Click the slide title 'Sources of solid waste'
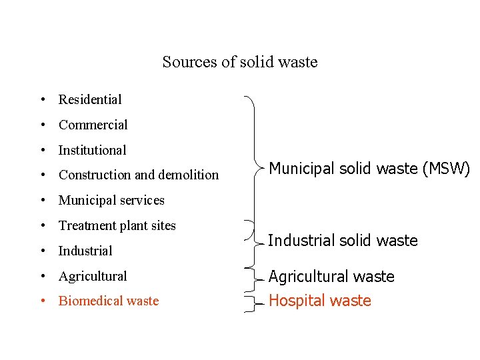click(x=240, y=63)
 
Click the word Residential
click(x=90, y=100)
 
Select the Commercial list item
click(x=93, y=125)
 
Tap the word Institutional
click(x=92, y=151)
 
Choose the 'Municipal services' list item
click(x=111, y=201)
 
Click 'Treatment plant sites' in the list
click(x=117, y=226)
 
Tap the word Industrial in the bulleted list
click(x=85, y=251)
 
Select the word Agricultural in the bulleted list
click(x=93, y=276)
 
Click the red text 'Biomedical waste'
click(x=109, y=301)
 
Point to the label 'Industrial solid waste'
click(x=343, y=241)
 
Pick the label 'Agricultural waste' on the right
click(x=331, y=277)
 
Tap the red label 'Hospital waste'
click(x=319, y=301)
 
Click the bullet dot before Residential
click(x=42, y=100)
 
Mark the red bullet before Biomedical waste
click(x=42, y=301)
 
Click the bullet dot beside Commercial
click(x=42, y=125)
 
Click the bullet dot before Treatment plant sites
click(x=42, y=226)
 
